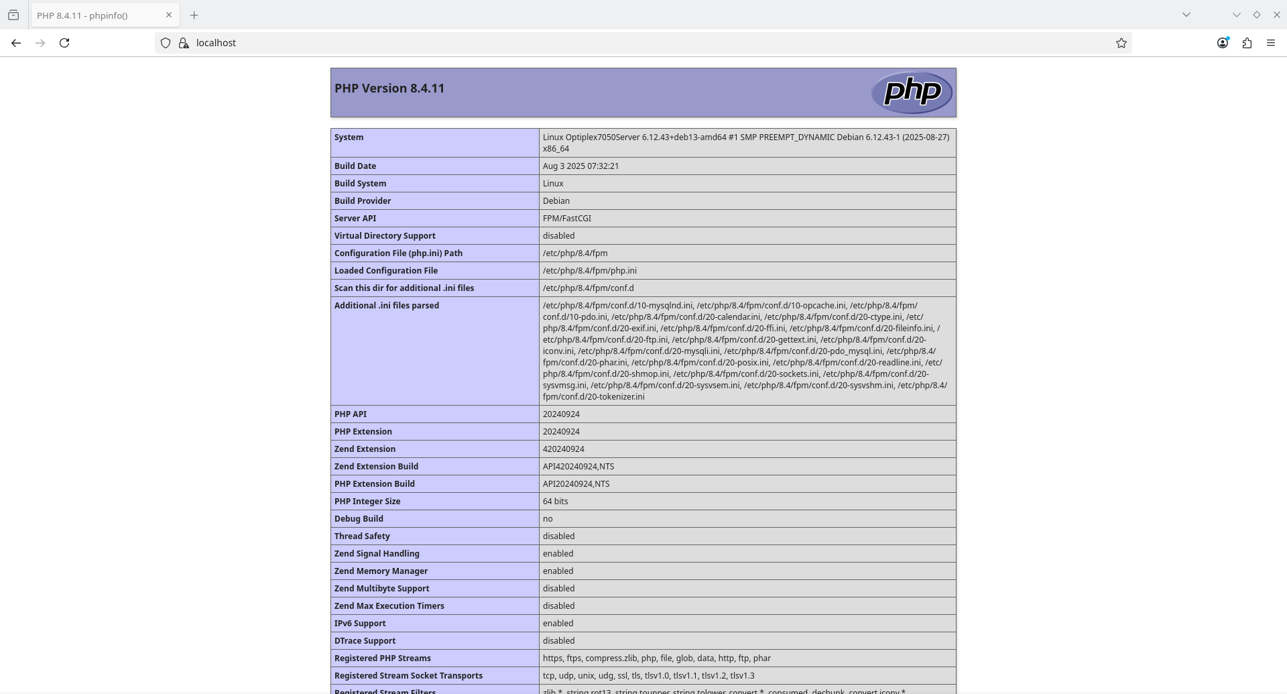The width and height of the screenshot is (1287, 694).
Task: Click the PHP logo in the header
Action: click(x=912, y=93)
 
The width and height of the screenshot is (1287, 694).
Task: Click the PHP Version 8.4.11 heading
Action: click(x=389, y=89)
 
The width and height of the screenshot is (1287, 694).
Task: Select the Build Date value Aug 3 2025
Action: click(x=580, y=166)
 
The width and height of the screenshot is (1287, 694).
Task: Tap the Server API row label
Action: click(x=355, y=219)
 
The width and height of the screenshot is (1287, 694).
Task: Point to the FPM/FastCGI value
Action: click(x=566, y=219)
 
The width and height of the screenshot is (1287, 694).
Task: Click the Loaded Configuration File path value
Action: click(x=589, y=271)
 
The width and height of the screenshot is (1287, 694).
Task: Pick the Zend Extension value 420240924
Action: click(x=563, y=449)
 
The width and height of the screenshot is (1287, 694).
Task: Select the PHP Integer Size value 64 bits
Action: click(x=555, y=502)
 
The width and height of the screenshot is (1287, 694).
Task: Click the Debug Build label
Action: click(x=359, y=519)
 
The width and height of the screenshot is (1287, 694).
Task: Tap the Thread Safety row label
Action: click(x=362, y=536)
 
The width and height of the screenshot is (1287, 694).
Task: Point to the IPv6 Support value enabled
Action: click(x=558, y=624)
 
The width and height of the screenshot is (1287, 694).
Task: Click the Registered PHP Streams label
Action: click(x=382, y=658)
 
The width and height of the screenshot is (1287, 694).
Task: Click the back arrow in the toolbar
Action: click(x=16, y=43)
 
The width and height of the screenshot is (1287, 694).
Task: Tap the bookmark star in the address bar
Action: click(x=1121, y=43)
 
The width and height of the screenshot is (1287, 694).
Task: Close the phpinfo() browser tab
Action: click(x=169, y=15)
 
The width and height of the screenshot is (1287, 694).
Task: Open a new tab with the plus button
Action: click(x=194, y=15)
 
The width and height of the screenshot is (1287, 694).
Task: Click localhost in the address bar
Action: click(x=216, y=43)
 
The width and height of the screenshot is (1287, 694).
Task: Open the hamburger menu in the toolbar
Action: click(x=1270, y=43)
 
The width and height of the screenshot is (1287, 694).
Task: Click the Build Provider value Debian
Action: click(x=556, y=201)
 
